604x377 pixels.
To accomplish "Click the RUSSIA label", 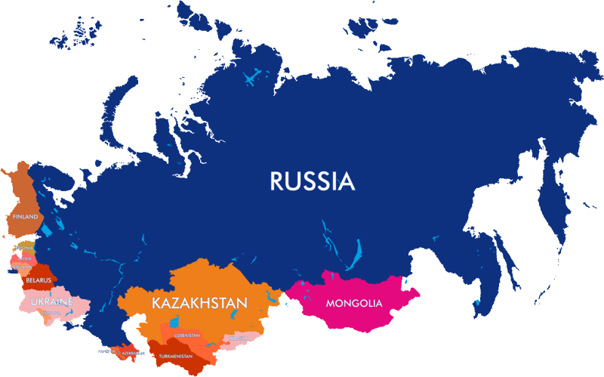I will [x=312, y=181].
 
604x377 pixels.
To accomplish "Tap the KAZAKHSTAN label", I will [x=199, y=303].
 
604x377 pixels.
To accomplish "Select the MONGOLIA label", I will [x=354, y=304].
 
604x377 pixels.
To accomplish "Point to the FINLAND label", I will [x=24, y=217].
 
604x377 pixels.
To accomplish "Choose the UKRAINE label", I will [x=52, y=302].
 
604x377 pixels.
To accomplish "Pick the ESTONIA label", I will [x=26, y=248].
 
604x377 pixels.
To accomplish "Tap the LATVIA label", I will [x=25, y=258].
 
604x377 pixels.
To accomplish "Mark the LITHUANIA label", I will [x=22, y=267].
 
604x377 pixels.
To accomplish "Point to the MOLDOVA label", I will [x=51, y=312].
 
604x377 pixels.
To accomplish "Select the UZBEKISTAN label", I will [x=187, y=335].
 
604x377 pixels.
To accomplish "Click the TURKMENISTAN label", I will [x=178, y=356].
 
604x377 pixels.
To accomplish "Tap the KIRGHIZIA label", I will [x=237, y=338].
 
